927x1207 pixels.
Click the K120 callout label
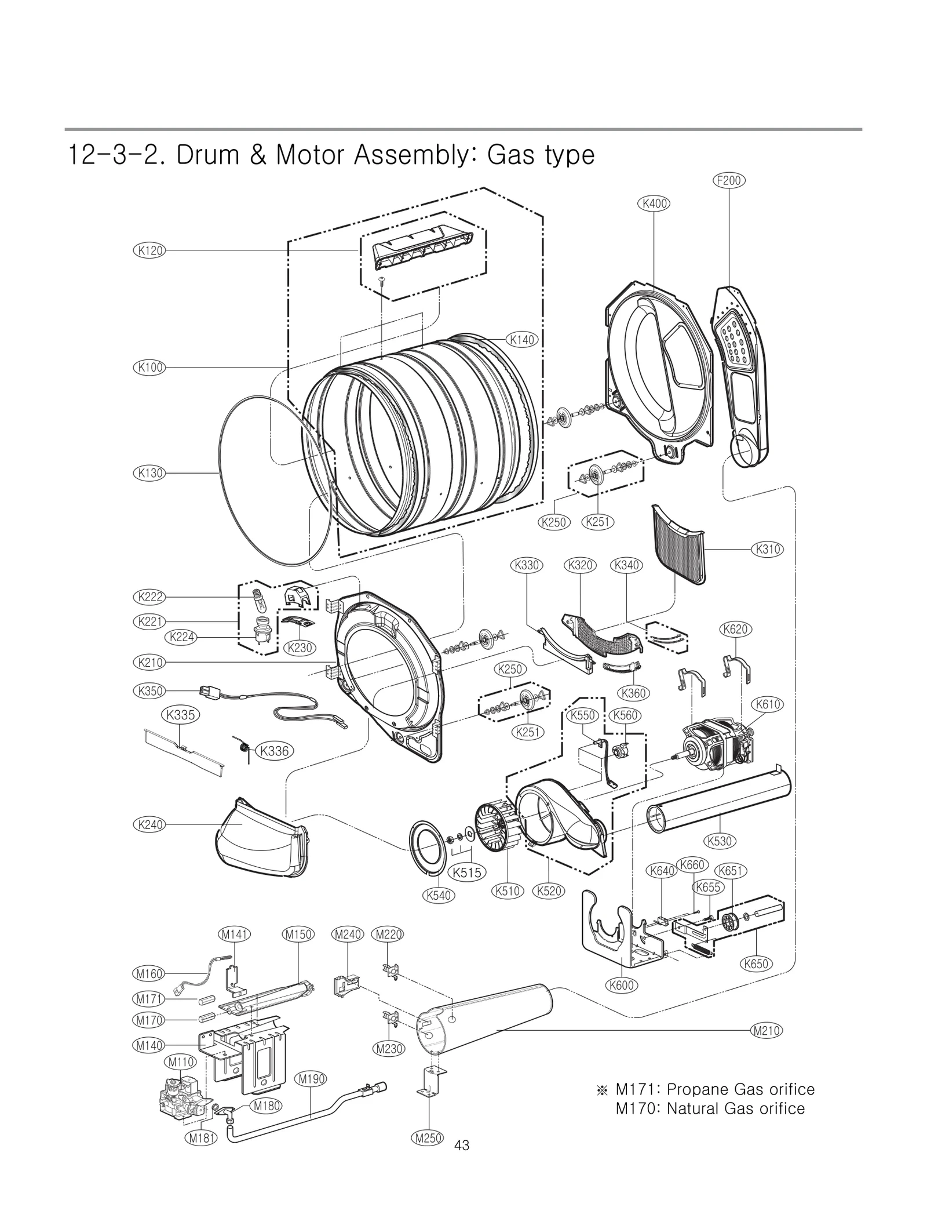point(149,250)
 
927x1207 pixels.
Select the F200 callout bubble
point(728,180)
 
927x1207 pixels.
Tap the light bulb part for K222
point(257,602)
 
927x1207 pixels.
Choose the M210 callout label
point(766,1030)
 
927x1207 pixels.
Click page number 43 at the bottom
point(462,1145)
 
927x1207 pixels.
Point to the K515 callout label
point(467,872)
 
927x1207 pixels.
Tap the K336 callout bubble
point(274,751)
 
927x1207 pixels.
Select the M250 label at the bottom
point(429,1138)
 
